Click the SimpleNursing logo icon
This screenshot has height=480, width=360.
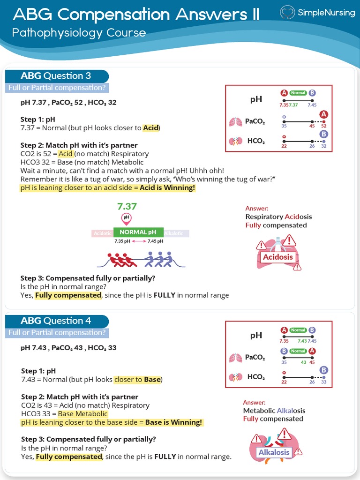(x=288, y=13)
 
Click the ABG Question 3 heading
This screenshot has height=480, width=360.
(x=56, y=76)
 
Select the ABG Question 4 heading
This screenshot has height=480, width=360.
(x=56, y=321)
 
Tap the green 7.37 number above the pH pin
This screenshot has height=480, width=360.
(x=127, y=206)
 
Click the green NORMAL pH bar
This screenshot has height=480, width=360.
(x=138, y=232)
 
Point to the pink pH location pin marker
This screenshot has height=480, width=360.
(x=126, y=218)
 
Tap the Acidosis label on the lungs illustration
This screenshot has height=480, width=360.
(x=277, y=257)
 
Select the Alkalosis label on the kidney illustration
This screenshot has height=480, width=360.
(x=274, y=453)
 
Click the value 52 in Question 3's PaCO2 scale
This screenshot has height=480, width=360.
(x=324, y=126)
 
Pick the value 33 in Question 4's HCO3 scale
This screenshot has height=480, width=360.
(x=324, y=382)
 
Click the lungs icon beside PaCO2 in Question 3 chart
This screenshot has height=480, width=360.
(x=234, y=122)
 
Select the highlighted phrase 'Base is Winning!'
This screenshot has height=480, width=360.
(x=173, y=422)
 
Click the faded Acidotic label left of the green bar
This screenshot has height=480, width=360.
(x=102, y=233)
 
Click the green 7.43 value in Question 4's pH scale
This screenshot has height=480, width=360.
(x=302, y=341)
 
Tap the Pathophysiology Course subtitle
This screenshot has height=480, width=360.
(x=79, y=33)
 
